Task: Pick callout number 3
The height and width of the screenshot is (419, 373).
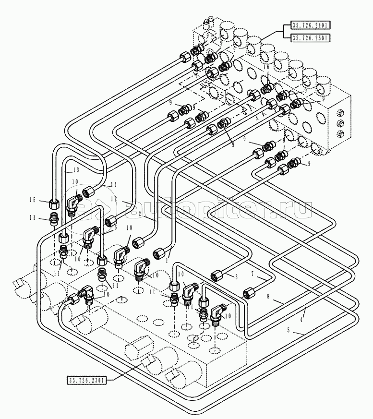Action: (x=236, y=277)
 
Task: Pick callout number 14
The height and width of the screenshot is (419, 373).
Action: (x=113, y=185)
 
